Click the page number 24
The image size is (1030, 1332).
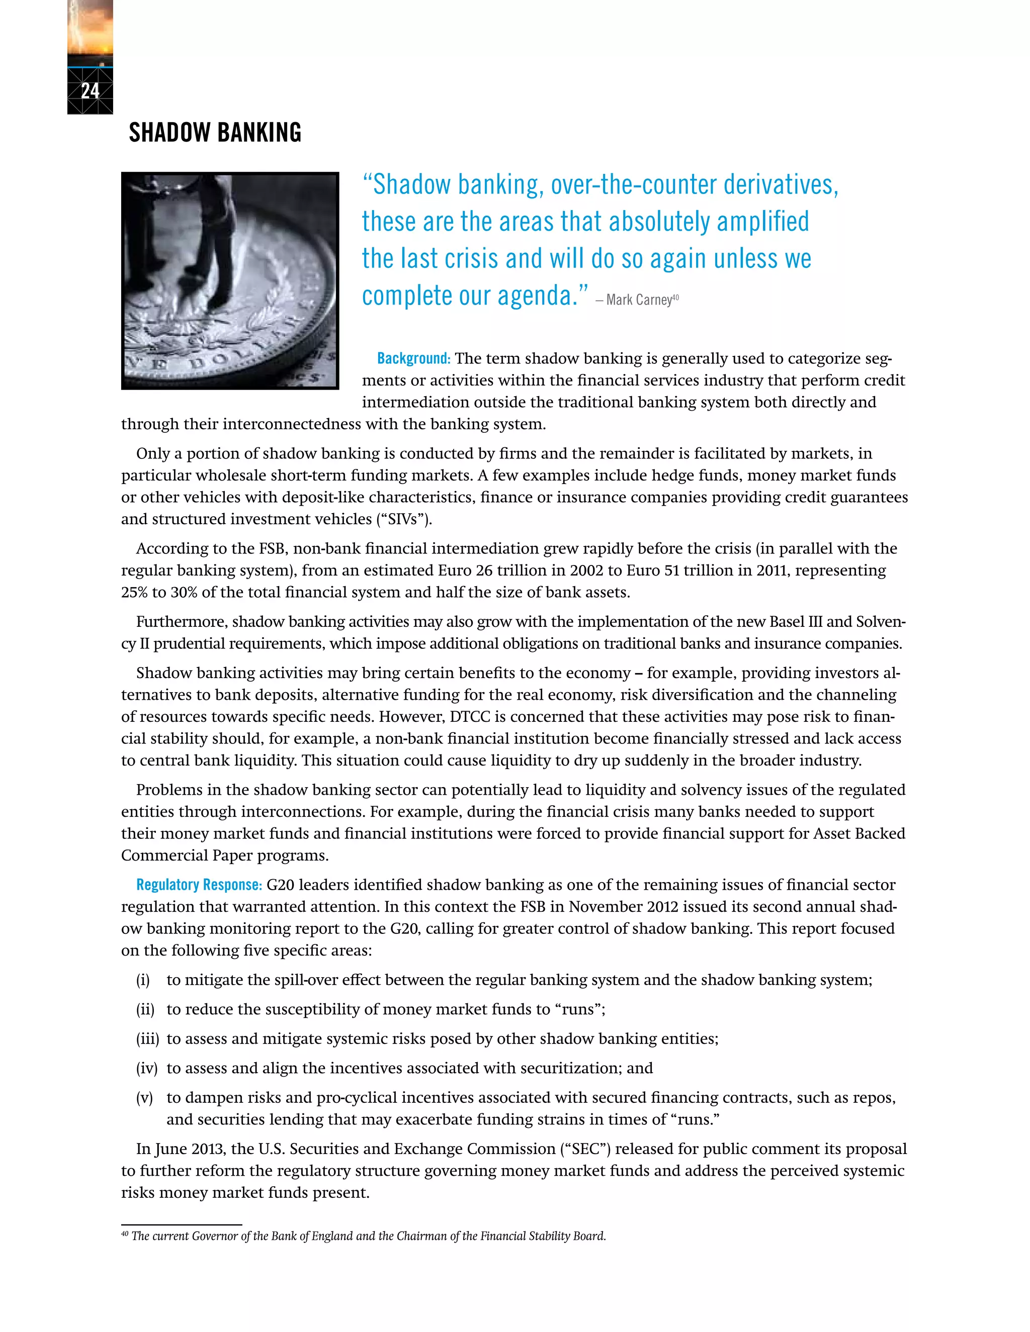click(90, 91)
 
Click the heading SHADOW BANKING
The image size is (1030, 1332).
click(215, 133)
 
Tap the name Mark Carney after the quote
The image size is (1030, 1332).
click(638, 300)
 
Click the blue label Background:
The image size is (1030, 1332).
click(413, 358)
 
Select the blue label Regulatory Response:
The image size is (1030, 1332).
click(199, 885)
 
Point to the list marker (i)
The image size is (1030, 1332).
click(143, 980)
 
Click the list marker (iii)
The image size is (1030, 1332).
click(147, 1038)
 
